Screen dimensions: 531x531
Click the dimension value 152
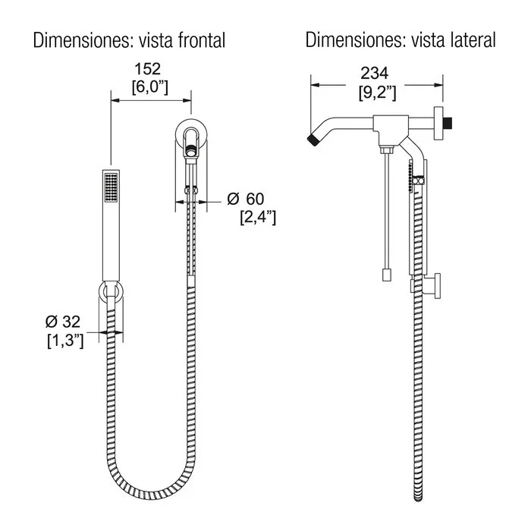coord(147,69)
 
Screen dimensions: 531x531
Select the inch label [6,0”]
coord(150,87)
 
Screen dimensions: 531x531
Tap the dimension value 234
coord(375,73)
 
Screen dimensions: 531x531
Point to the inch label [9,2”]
coord(377,92)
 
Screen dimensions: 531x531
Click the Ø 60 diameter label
coord(246,199)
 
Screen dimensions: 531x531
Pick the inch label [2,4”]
coord(258,217)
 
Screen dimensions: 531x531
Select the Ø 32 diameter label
coord(63,322)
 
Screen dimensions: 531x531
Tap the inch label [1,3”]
coord(65,341)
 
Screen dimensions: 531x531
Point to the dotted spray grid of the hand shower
coord(111,187)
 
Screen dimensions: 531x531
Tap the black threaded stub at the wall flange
coord(448,123)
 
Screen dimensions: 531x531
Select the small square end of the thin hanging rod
coord(387,275)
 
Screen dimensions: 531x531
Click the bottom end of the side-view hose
coord(418,499)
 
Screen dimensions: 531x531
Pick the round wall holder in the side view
coord(437,286)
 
